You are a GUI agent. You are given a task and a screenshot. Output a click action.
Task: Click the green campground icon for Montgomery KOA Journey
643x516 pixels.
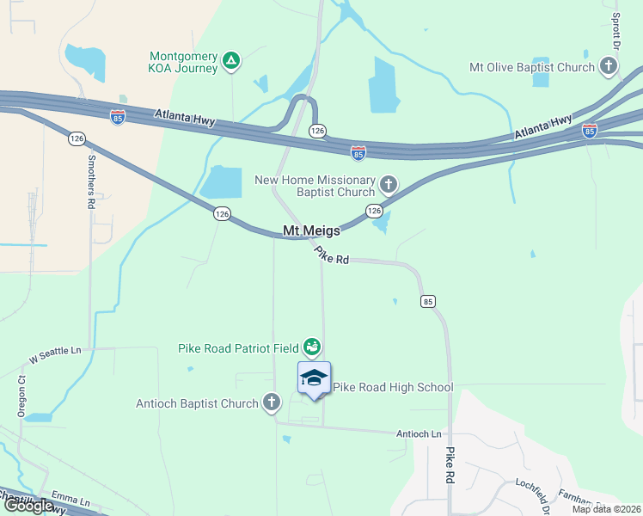pos(230,60)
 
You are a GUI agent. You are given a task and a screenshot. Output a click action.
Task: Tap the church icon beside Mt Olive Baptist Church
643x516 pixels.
pos(608,66)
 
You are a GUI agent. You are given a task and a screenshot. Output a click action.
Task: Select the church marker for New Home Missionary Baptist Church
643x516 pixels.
pos(389,184)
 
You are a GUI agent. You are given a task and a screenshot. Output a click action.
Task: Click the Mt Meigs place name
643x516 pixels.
pos(311,230)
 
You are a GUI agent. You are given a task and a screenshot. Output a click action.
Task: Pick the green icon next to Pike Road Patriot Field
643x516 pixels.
pos(312,347)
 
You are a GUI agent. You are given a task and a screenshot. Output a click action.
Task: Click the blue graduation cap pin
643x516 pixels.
pos(315,378)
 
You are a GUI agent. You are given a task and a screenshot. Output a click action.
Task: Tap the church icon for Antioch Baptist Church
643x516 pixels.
pos(271,402)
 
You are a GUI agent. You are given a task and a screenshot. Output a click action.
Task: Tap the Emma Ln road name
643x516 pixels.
pos(70,500)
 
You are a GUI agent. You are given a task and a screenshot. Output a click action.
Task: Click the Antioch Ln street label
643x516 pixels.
pos(419,433)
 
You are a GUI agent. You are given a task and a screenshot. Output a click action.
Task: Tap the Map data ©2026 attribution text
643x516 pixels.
pos(606,509)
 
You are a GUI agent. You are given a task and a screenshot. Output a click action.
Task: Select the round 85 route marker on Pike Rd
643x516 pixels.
pos(428,301)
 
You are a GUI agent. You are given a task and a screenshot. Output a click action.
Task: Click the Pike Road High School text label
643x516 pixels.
pos(393,387)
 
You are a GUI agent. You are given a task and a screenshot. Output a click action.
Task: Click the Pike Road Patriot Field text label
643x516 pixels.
pos(238,348)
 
